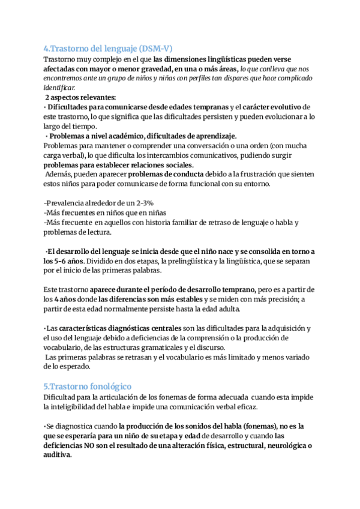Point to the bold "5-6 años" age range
coord(62,261)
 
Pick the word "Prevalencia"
coord(71,204)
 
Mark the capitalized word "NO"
coord(106,445)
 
